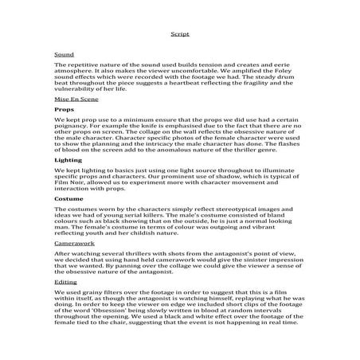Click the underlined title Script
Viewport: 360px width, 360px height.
(x=179, y=35)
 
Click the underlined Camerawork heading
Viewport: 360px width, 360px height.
(x=72, y=240)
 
